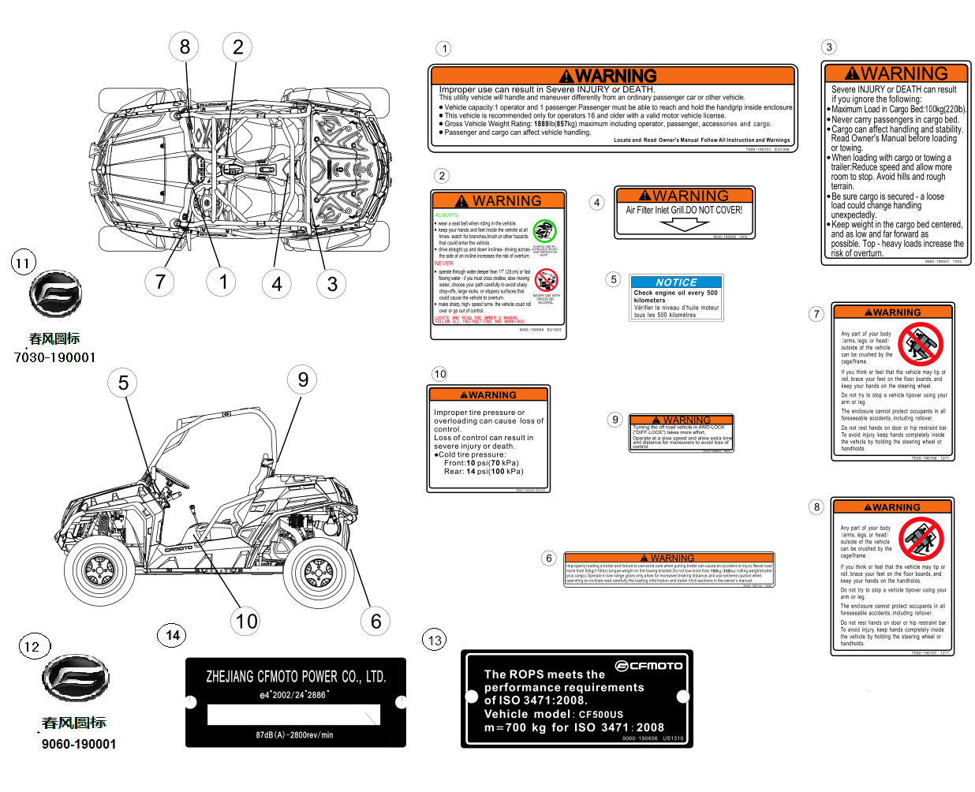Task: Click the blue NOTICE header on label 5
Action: click(676, 282)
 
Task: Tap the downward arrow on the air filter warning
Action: click(685, 224)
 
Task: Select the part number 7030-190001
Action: click(54, 357)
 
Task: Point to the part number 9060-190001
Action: click(79, 744)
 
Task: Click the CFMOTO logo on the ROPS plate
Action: click(648, 666)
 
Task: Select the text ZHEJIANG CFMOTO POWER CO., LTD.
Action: click(296, 677)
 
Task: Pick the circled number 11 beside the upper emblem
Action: click(23, 263)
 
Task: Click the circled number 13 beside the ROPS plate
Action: click(435, 640)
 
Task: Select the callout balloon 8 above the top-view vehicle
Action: click(185, 47)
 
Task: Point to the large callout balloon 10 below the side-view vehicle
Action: click(246, 622)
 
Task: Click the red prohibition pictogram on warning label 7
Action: click(920, 345)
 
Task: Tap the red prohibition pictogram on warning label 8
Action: click(920, 539)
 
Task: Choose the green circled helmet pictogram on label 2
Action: click(544, 231)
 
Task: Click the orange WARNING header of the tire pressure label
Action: click(488, 394)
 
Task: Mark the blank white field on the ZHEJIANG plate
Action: click(293, 715)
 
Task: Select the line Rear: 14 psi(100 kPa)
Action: click(484, 472)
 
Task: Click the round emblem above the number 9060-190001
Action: click(75, 678)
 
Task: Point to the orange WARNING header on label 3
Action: click(896, 73)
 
